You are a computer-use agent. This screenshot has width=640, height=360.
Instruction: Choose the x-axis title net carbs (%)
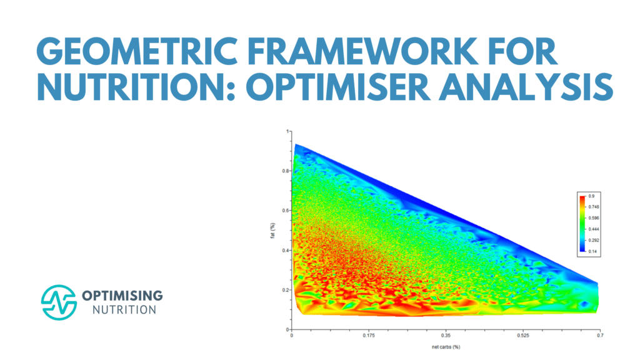point(445,346)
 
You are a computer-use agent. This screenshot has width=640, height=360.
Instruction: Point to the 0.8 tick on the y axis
point(286,171)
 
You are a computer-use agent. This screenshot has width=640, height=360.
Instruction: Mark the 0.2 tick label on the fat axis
point(286,290)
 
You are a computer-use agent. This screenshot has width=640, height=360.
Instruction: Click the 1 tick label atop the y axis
point(288,132)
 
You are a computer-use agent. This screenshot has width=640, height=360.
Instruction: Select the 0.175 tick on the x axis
point(369,336)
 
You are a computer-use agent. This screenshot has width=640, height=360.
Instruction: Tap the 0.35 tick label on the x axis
point(446,336)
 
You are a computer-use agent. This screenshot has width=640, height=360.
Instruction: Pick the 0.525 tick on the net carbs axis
point(522,336)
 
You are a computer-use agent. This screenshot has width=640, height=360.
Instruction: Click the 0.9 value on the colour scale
point(591,196)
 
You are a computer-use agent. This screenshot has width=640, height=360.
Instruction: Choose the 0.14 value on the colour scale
point(592,251)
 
